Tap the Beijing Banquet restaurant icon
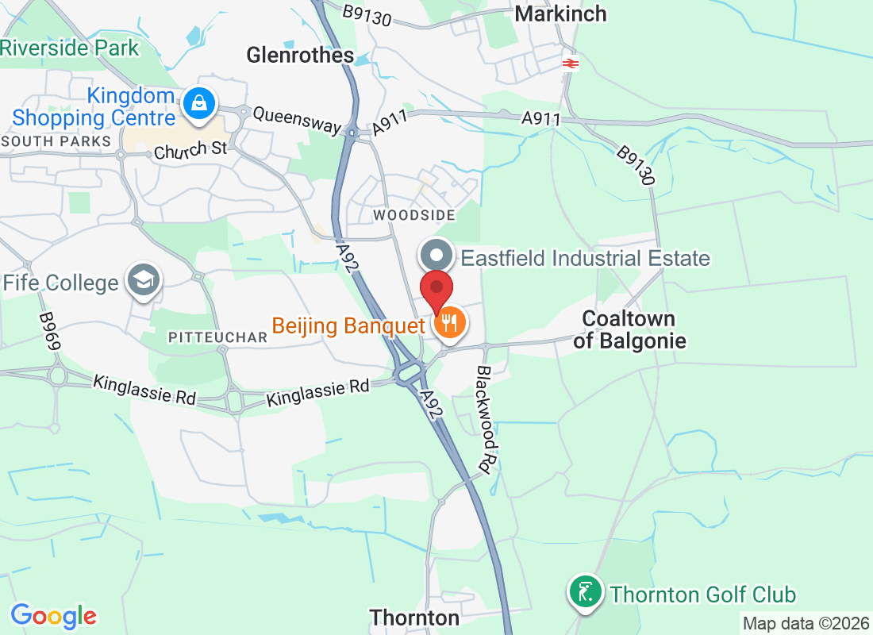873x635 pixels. tap(450, 323)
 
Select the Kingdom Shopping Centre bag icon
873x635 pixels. tap(195, 102)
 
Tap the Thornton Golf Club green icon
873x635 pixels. tap(585, 592)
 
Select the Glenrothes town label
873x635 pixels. tap(300, 55)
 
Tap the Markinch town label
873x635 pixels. tap(560, 13)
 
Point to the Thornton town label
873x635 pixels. tap(414, 618)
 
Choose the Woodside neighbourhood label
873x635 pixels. tap(414, 215)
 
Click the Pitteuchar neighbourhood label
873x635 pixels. tap(218, 337)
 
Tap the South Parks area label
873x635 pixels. tap(56, 141)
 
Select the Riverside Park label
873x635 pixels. tap(70, 48)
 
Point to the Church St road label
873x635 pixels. tap(191, 150)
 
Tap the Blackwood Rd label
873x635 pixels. tap(487, 416)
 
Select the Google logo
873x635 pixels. tap(54, 615)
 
